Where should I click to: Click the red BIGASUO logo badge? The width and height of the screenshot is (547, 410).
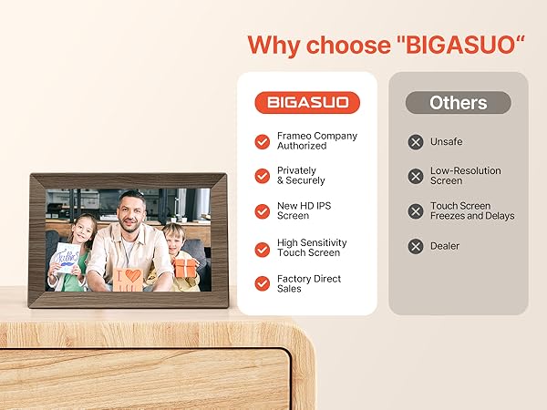tap(307, 102)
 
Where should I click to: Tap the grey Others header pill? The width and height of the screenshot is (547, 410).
tap(458, 102)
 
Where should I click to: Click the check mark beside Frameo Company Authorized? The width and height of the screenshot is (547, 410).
tap(263, 141)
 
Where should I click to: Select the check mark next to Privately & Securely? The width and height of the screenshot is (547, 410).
tap(263, 176)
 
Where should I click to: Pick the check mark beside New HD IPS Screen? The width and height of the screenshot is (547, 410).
tap(263, 211)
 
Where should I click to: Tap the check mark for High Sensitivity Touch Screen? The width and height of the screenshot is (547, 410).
tap(263, 250)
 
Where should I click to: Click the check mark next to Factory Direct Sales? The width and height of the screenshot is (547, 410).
tap(263, 283)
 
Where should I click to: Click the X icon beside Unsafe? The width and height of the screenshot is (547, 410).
tap(416, 142)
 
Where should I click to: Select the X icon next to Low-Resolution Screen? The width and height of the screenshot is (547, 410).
tap(416, 176)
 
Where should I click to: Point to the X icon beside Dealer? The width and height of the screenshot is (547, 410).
tap(416, 247)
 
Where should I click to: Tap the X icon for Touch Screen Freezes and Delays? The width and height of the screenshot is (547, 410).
tap(416, 211)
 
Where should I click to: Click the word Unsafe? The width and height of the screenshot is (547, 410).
tap(446, 141)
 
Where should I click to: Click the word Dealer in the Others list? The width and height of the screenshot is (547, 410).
tap(445, 246)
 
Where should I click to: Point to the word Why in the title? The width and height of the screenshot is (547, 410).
tap(273, 46)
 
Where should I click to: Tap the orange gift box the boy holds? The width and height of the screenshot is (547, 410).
tap(185, 268)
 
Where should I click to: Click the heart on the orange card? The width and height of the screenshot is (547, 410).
tap(133, 275)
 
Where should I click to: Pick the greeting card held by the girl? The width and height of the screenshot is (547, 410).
tap(67, 258)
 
